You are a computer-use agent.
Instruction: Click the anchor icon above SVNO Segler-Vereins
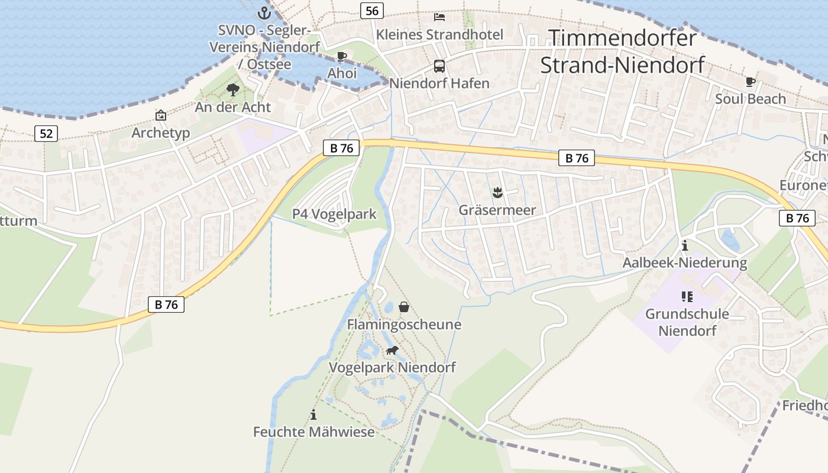click(264, 13)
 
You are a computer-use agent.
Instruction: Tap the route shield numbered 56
click(372, 10)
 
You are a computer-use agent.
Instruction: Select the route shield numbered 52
click(46, 134)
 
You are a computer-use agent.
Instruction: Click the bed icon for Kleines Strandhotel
click(439, 17)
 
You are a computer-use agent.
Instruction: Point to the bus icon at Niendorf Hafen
click(439, 66)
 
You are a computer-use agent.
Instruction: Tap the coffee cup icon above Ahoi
click(341, 57)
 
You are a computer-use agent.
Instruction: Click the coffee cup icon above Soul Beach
click(751, 82)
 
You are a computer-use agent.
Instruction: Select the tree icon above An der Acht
click(233, 90)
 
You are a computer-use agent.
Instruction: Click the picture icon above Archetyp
click(161, 115)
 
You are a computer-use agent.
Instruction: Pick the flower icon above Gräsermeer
click(497, 192)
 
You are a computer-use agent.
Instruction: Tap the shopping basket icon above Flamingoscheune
click(404, 307)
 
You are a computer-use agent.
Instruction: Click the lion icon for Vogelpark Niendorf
click(392, 351)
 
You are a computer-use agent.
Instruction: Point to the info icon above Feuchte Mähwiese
click(313, 415)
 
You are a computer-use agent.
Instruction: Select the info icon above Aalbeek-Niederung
click(685, 245)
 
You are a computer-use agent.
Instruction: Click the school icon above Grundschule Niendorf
click(687, 296)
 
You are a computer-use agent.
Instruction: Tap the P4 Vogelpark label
click(334, 214)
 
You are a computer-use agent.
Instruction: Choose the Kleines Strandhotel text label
click(440, 34)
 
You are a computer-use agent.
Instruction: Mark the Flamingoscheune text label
click(404, 324)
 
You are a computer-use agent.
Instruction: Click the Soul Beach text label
click(751, 99)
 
